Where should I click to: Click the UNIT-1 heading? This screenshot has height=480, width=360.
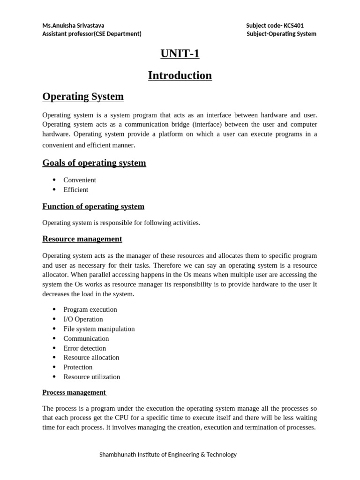[x=180, y=54]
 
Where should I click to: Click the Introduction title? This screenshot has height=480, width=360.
[x=180, y=75]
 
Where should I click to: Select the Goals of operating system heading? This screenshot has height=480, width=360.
[x=94, y=163]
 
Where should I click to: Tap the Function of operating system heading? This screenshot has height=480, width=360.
[x=93, y=207]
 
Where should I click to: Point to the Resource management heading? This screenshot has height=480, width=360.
[x=82, y=239]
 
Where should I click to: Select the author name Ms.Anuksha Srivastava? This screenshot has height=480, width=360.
[x=74, y=26]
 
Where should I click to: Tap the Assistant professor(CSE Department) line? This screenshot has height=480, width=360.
[x=92, y=34]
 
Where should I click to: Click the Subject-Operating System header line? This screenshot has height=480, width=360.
[x=281, y=34]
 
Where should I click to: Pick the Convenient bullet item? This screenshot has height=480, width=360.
[x=80, y=180]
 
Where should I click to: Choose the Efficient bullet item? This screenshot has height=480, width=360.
[x=76, y=190]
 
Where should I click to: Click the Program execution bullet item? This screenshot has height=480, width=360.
[x=90, y=310]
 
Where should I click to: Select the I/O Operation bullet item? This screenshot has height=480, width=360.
[x=83, y=319]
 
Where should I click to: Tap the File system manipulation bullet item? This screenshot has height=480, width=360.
[x=99, y=329]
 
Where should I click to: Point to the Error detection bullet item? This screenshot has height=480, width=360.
[x=85, y=348]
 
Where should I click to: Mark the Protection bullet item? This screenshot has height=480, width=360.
[x=78, y=367]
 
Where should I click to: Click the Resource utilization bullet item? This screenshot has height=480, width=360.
[x=92, y=377]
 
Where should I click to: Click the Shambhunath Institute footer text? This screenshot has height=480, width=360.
[x=168, y=455]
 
